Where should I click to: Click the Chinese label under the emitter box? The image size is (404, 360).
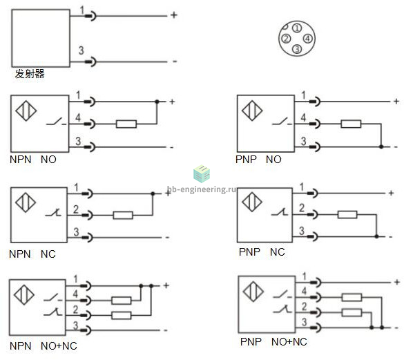point(30,74)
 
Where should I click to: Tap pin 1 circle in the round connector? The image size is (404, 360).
point(297,28)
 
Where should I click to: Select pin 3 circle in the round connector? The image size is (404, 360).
point(297,49)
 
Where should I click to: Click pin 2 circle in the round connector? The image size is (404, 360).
point(286,39)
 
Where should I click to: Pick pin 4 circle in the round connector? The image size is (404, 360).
point(308,39)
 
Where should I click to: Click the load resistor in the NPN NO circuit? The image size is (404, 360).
point(126,124)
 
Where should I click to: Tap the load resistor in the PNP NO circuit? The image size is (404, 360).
point(351,124)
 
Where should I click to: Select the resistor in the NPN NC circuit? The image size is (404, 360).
point(123,215)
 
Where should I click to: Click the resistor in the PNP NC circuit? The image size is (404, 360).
point(347,215)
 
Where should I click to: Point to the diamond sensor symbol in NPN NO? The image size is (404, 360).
point(26,111)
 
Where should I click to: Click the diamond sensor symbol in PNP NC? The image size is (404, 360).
point(252,202)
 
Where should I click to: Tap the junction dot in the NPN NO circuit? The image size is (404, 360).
point(157,102)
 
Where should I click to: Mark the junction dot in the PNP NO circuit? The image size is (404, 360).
point(381,146)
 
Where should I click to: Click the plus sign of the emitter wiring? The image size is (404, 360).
point(174,15)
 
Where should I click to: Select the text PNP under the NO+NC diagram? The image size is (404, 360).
point(251,342)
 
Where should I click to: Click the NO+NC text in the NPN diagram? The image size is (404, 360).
point(59,346)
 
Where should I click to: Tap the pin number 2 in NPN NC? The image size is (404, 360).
point(76,209)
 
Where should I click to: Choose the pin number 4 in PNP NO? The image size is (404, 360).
point(303,117)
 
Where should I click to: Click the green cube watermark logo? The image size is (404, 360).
point(202,173)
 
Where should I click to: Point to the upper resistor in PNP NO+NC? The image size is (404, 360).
point(352,298)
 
